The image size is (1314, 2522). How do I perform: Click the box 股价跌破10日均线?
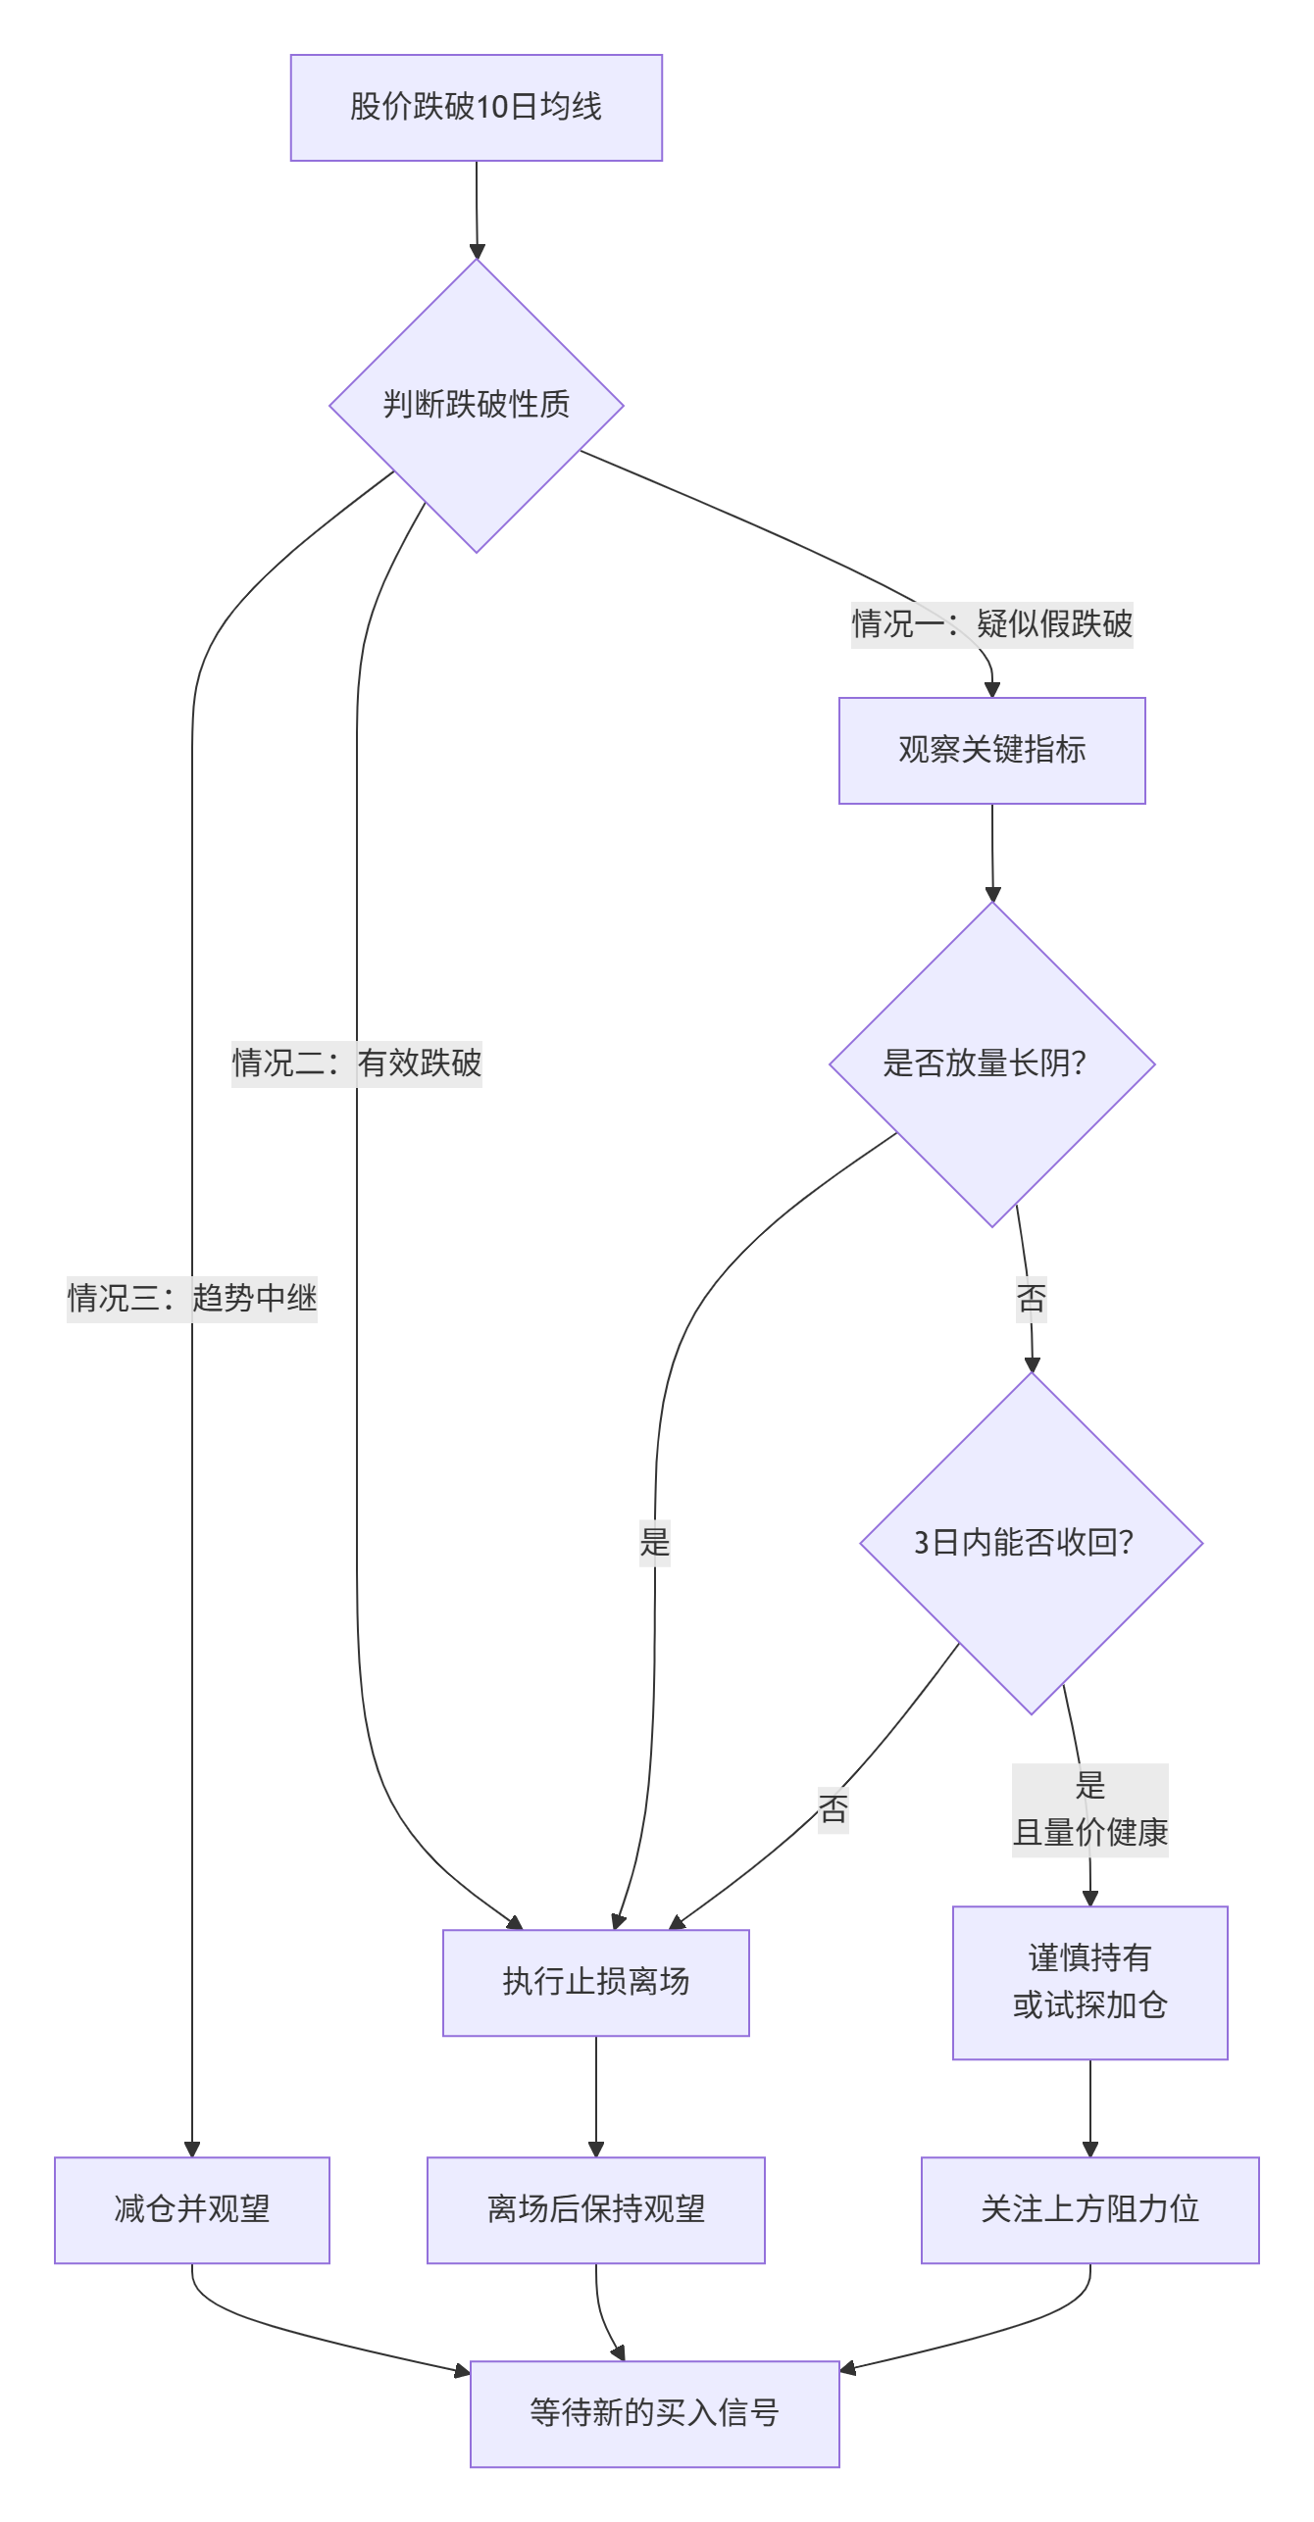click(x=476, y=107)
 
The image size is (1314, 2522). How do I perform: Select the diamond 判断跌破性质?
click(x=477, y=405)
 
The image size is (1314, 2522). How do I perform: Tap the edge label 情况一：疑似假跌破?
click(x=991, y=623)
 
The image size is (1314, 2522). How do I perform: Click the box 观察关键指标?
click(x=991, y=750)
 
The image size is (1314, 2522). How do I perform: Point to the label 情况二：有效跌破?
click(x=356, y=1063)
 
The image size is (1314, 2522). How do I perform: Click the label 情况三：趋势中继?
click(x=191, y=1298)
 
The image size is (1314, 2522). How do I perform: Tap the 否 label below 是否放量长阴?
click(x=1031, y=1299)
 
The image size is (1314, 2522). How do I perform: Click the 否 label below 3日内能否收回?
click(x=833, y=1808)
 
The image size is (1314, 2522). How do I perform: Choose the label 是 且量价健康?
click(x=1089, y=1809)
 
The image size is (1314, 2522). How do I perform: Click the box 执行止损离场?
click(x=595, y=1982)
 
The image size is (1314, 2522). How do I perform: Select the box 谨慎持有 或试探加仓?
click(x=1089, y=1982)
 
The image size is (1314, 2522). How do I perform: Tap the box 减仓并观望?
click(x=191, y=2209)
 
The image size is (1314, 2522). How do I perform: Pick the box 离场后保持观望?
click(x=595, y=2209)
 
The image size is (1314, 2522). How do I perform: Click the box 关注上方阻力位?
click(x=1089, y=2209)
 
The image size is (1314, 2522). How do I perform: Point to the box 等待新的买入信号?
click(x=654, y=2413)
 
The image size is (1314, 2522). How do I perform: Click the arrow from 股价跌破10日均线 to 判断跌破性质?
click(x=477, y=210)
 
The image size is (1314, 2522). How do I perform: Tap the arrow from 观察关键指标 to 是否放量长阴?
click(x=992, y=853)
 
